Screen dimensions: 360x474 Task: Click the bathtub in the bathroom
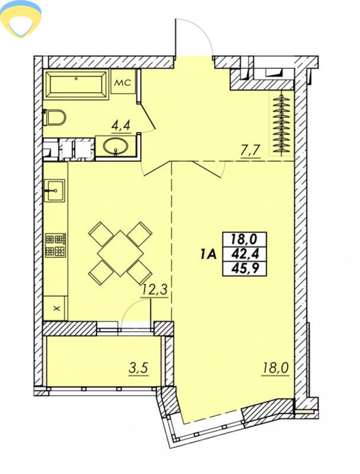click(x=76, y=85)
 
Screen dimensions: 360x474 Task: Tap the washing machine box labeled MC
click(x=123, y=82)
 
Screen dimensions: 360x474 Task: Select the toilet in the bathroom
click(x=55, y=118)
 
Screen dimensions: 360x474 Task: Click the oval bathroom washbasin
click(x=116, y=147)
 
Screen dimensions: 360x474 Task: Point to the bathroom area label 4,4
click(x=121, y=125)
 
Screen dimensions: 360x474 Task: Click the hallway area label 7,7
click(x=250, y=150)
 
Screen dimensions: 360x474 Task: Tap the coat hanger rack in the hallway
click(x=282, y=124)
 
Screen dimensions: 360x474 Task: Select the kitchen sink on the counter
click(x=55, y=190)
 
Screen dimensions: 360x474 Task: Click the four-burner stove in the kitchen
click(x=56, y=245)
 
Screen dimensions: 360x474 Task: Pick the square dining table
click(x=120, y=253)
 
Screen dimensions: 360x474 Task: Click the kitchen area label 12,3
click(x=155, y=291)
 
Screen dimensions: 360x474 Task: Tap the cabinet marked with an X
click(x=56, y=308)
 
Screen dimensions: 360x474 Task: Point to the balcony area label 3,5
click(x=138, y=369)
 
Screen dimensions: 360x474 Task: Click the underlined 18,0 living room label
click(x=275, y=369)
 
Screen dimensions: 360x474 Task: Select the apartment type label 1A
click(x=208, y=255)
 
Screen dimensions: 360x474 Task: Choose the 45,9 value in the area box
click(x=244, y=268)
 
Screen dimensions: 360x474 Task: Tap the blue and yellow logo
click(x=21, y=19)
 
